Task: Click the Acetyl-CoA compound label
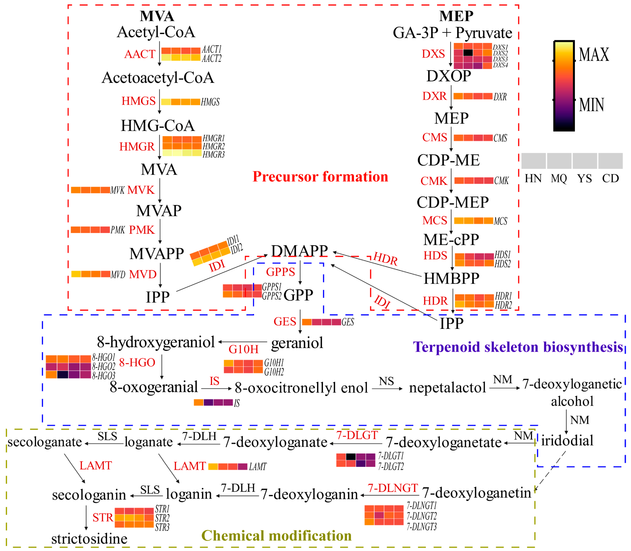(x=156, y=32)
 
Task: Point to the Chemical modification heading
(x=277, y=536)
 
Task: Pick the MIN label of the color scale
(x=591, y=105)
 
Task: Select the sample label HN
(x=533, y=179)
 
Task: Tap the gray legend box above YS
(x=584, y=161)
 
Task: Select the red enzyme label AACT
(x=140, y=54)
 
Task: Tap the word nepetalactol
(x=447, y=388)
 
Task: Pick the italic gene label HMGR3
(x=213, y=155)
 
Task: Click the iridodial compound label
(x=567, y=441)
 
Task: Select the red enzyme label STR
(x=103, y=518)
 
